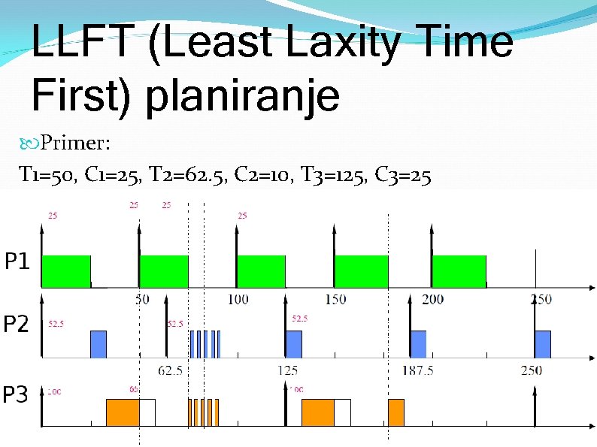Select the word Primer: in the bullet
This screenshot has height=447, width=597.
coord(75,141)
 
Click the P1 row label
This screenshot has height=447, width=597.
coord(18,262)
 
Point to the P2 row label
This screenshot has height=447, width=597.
coord(17,325)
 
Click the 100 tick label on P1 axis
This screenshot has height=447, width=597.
coord(237,299)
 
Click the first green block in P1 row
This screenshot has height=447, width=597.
coord(65,271)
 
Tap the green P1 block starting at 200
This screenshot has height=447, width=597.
coord(459,271)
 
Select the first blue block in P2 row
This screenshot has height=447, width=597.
coord(98,343)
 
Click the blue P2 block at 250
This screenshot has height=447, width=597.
coord(543,343)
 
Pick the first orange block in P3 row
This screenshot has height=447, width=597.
coord(123,412)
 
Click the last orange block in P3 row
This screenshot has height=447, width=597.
coord(396,412)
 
